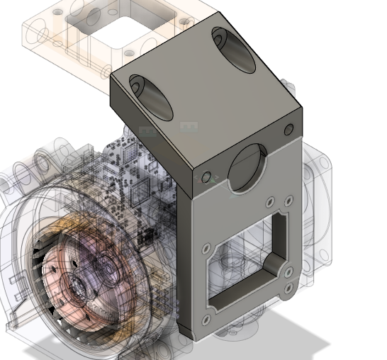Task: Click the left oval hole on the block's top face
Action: tap(150, 96)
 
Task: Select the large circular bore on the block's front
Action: tap(247, 168)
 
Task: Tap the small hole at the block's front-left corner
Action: tap(206, 178)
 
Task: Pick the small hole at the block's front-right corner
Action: tap(288, 130)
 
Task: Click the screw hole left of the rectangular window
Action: tap(206, 249)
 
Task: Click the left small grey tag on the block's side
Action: tap(147, 131)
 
